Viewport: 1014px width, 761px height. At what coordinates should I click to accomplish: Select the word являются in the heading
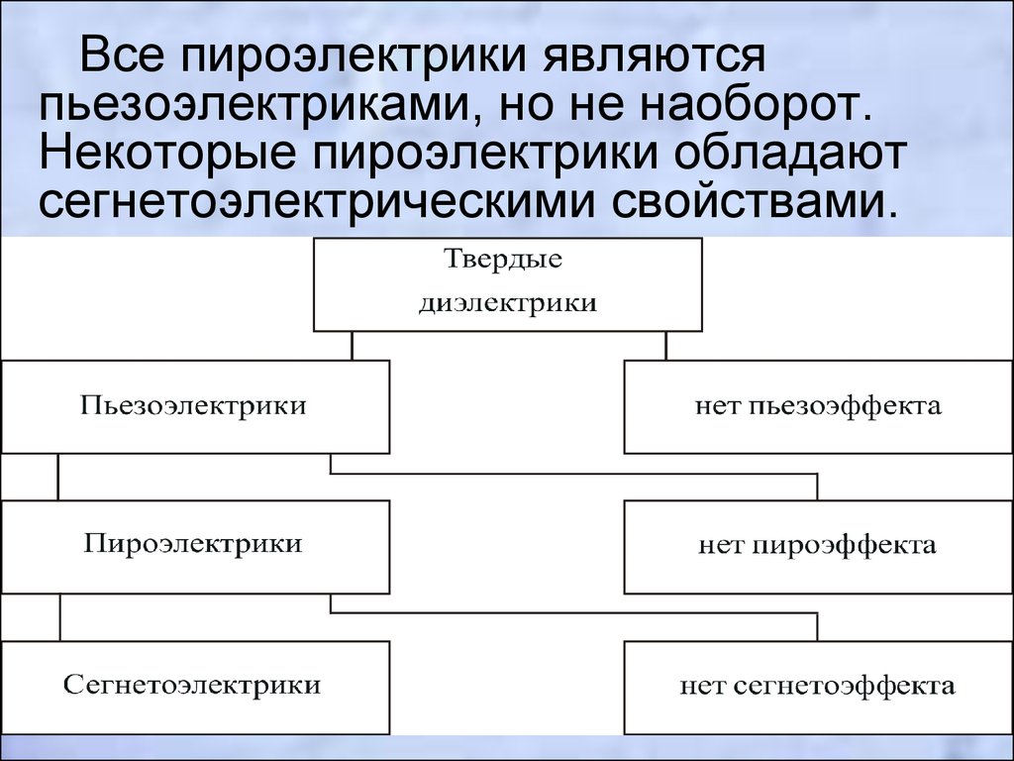pos(654,55)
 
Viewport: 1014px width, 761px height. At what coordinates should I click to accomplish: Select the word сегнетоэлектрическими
pos(316,202)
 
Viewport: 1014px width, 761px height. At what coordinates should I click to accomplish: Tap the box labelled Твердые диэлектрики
pos(508,284)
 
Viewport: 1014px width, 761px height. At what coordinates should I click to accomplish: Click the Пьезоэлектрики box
pos(195,406)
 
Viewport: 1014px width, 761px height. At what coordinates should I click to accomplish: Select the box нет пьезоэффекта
pos(819,406)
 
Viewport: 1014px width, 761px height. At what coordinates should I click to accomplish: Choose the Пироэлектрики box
pos(195,546)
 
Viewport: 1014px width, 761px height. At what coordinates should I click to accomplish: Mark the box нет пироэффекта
pos(819,546)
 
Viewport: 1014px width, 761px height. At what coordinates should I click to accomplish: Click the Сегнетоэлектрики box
pos(195,688)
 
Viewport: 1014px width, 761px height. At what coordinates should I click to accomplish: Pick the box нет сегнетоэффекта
pos(819,688)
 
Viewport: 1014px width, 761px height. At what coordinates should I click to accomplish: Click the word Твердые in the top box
pos(503,260)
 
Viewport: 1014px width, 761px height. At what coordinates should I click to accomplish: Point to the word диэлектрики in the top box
pos(508,302)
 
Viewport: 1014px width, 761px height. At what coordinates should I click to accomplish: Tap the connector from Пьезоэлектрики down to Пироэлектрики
pos(57,477)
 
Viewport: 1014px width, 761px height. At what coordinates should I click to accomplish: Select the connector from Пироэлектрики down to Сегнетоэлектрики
pos(60,616)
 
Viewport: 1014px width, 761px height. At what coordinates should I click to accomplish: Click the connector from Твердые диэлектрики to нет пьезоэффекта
pos(666,346)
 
